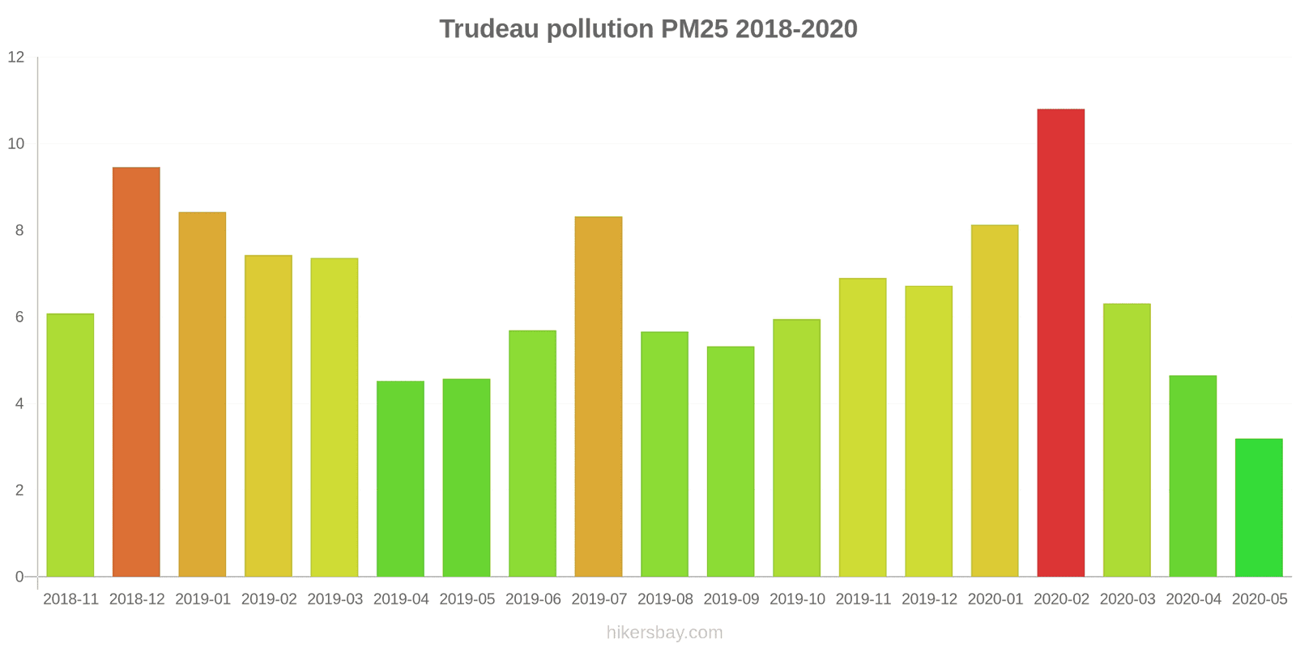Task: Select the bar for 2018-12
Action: [136, 372]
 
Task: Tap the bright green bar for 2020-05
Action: [1259, 508]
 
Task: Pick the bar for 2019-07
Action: [599, 397]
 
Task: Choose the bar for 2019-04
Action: [400, 479]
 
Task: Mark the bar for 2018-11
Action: [70, 445]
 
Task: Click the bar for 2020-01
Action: [995, 401]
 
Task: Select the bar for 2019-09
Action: [731, 462]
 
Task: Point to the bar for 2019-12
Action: [928, 431]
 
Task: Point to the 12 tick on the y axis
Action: [16, 58]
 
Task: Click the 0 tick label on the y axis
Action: [19, 577]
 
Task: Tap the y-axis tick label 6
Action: [19, 318]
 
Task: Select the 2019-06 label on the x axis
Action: [533, 599]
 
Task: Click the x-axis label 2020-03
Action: [1127, 599]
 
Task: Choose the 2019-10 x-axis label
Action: [797, 599]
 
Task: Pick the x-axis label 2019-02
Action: [269, 599]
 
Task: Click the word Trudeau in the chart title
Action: [489, 29]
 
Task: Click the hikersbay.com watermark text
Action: [664, 633]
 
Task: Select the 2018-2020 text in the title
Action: [797, 29]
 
